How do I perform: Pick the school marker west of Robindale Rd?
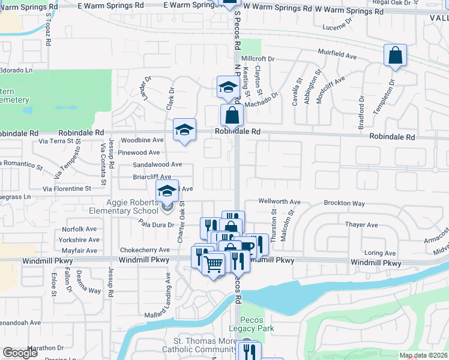(185, 130)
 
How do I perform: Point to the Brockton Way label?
(345, 203)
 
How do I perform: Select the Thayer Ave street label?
(361, 225)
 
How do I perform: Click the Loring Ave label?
(380, 253)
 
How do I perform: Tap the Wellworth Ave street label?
(279, 202)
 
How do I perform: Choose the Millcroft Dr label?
(258, 59)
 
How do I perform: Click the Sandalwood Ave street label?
(157, 164)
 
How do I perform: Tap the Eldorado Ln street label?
(16, 70)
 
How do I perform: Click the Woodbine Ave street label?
(142, 140)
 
